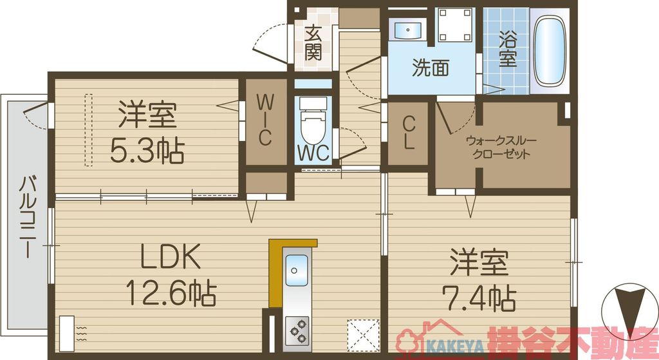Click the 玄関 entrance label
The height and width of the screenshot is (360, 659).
pyautogui.click(x=313, y=43)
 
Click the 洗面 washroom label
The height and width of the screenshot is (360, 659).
pyautogui.click(x=431, y=68)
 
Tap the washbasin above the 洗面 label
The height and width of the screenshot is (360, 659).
pyautogui.click(x=406, y=30)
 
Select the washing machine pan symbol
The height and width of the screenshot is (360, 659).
pyautogui.click(x=456, y=24)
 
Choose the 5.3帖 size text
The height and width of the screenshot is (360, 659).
pyautogui.click(x=146, y=151)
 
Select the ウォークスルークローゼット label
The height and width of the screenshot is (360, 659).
pyautogui.click(x=501, y=147)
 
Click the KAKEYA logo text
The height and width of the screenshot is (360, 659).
pyautogui.click(x=453, y=341)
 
